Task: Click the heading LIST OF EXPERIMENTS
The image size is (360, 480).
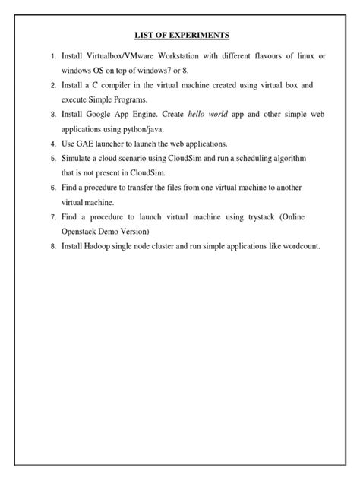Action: coord(180,35)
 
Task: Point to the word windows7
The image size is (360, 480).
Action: coord(163,71)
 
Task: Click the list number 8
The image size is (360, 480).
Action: coord(53,245)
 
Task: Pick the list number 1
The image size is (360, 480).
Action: coord(53,57)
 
